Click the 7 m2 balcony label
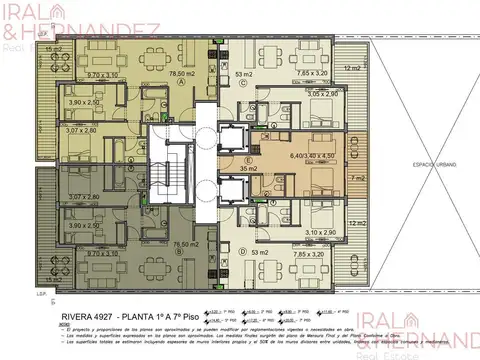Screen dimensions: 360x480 point(356,179)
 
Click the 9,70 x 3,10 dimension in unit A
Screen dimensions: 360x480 point(76,74)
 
